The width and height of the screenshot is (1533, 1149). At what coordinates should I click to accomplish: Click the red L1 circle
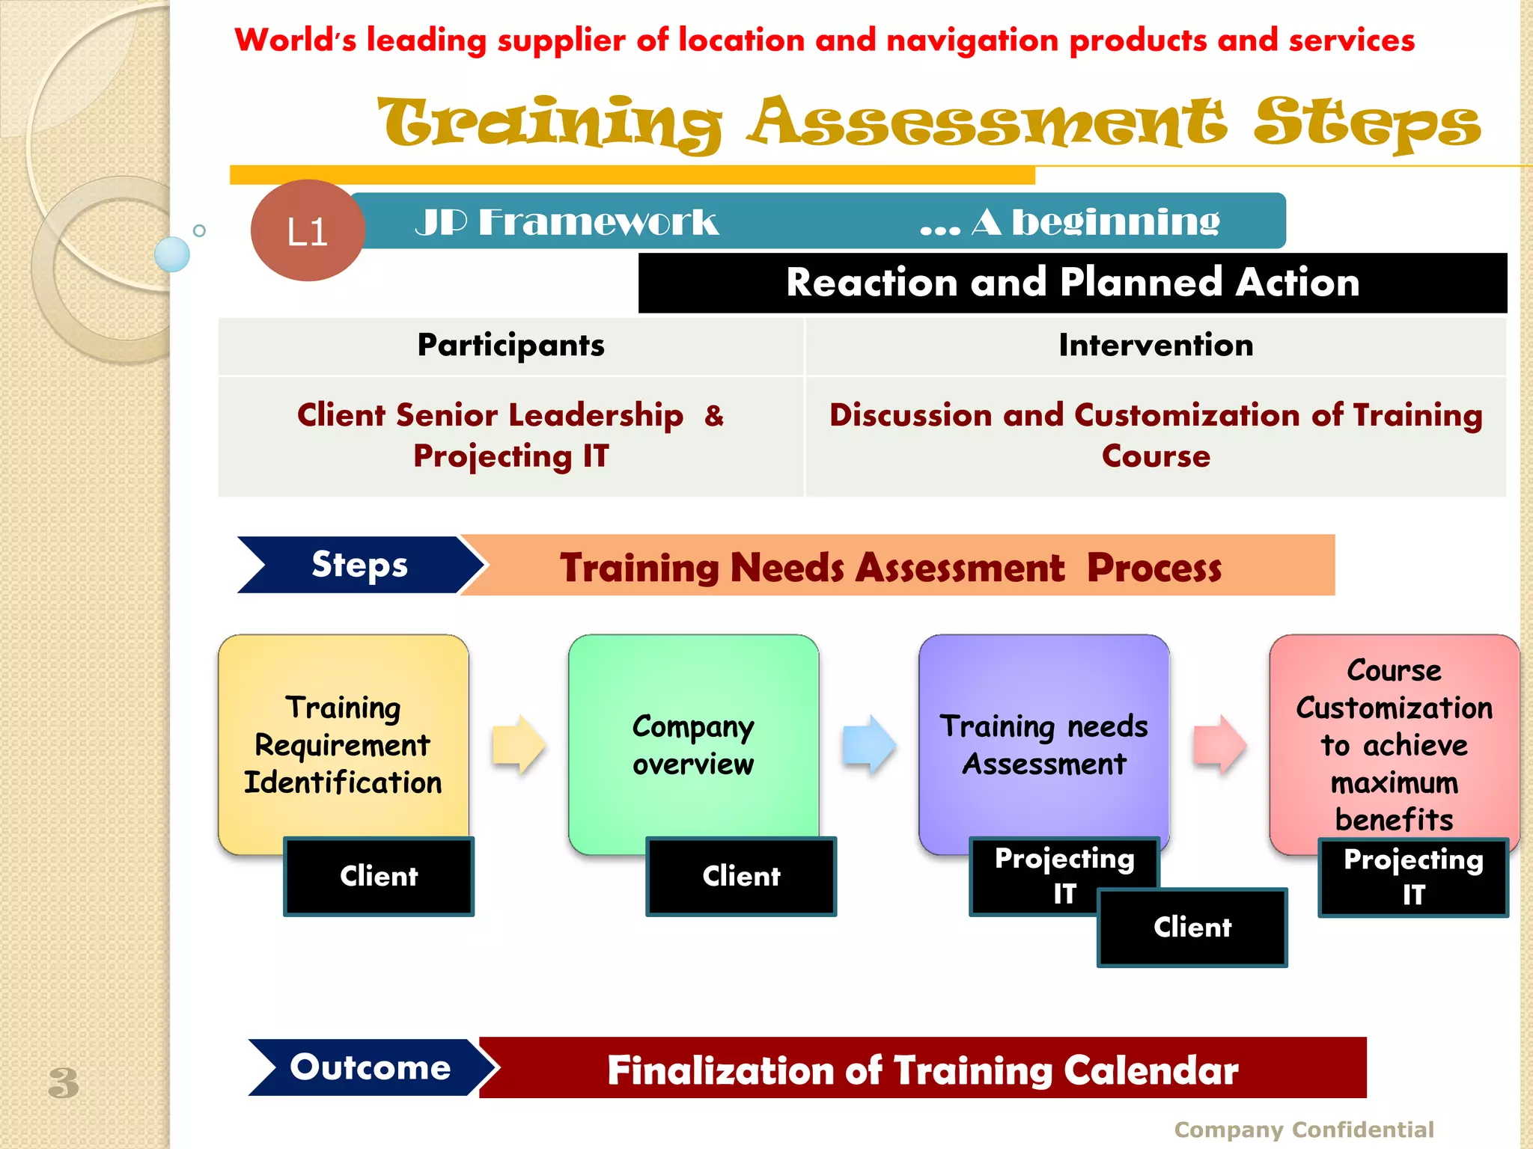point(307,230)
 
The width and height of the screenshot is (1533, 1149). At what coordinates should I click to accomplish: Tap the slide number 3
point(64,1082)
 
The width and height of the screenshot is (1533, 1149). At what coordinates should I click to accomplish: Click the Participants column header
point(511,346)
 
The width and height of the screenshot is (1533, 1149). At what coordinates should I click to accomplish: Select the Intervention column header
point(1155,346)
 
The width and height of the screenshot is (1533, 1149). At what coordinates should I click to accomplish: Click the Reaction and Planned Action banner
point(1072,283)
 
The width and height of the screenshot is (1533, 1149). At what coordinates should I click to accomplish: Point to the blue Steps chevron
point(359,565)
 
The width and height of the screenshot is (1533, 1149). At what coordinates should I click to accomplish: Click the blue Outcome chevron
point(370,1067)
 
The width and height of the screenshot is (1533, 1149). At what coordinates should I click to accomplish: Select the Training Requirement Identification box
point(343,744)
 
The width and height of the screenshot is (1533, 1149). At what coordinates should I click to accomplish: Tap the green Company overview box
point(693,744)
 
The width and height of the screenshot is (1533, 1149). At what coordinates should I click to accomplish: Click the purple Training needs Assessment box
point(1043,744)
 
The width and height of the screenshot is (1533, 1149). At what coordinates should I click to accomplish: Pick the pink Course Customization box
point(1394,744)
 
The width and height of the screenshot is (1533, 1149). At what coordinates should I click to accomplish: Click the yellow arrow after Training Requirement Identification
point(519,744)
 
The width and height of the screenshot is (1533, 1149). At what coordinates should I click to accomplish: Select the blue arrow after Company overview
point(869,744)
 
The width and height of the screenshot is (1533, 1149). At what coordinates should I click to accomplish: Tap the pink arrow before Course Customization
point(1219,744)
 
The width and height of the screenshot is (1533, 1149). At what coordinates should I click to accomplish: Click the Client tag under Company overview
point(741,876)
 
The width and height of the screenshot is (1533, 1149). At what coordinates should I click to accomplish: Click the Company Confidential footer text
point(1303,1130)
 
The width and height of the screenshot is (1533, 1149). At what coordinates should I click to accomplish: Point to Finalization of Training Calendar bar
point(922,1069)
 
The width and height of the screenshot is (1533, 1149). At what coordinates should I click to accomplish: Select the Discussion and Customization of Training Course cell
point(1155,435)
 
